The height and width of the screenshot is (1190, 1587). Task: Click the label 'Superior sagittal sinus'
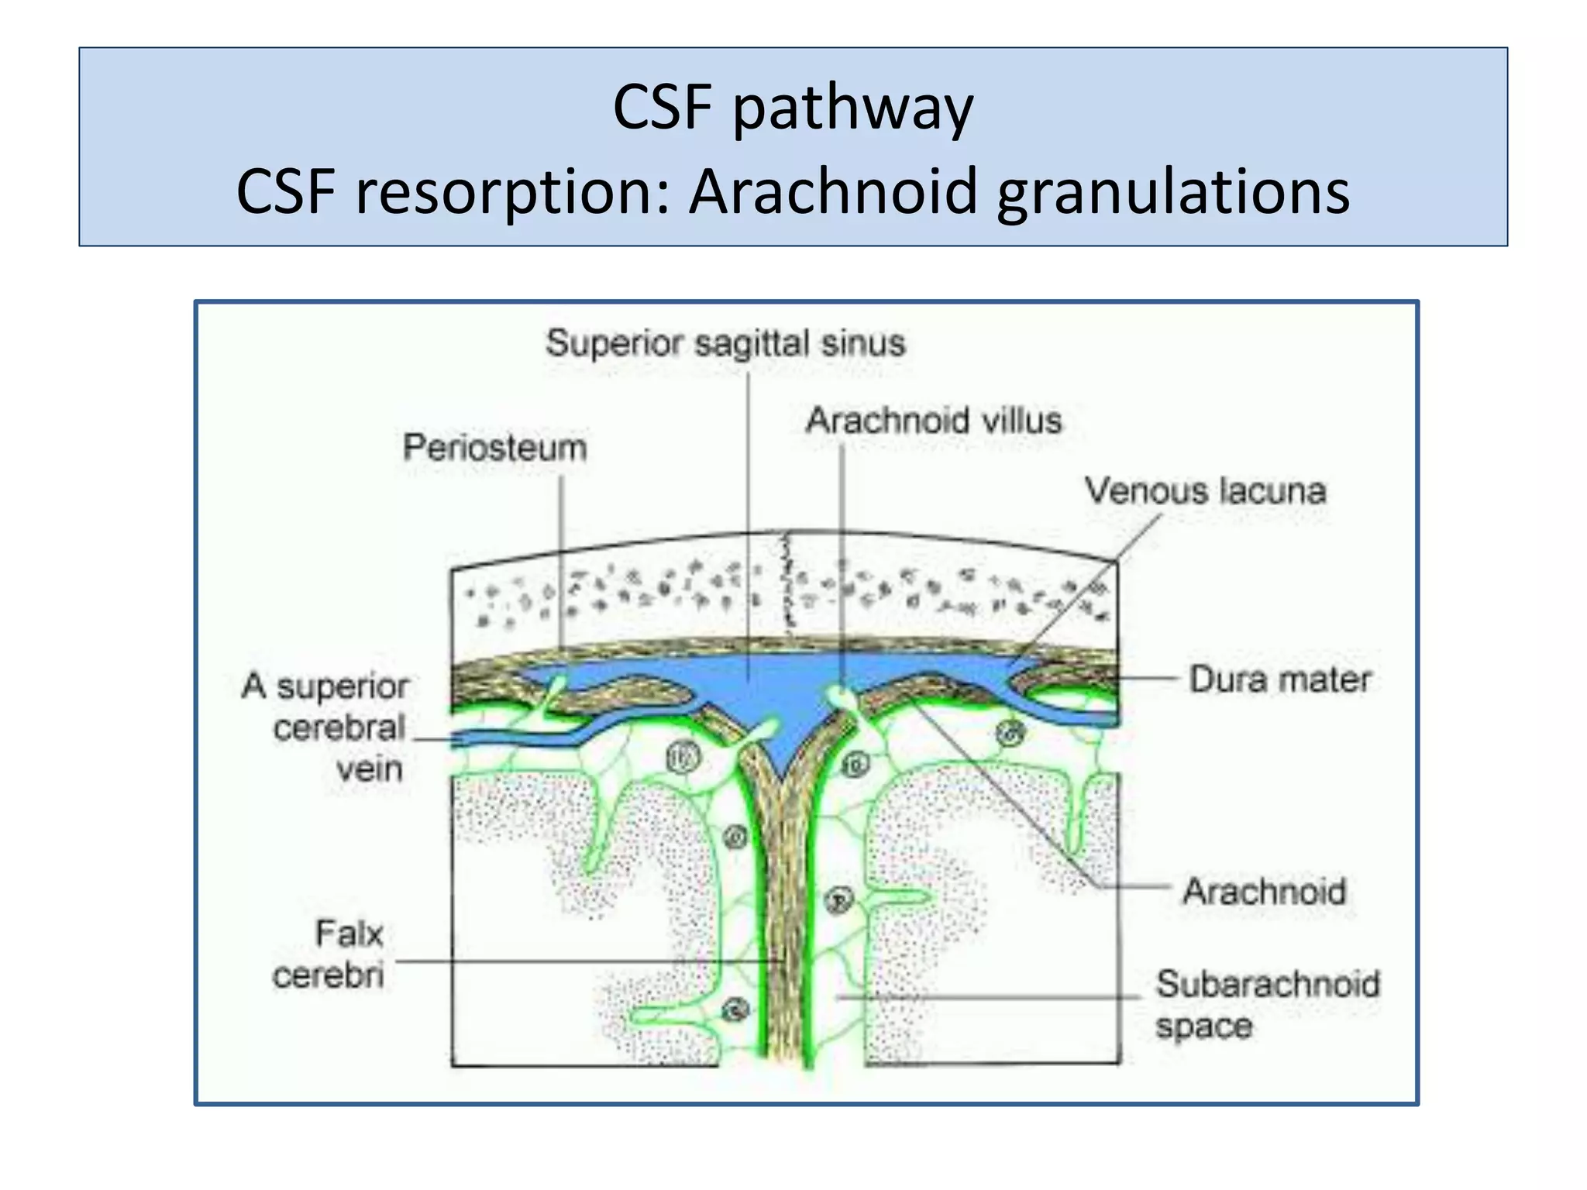725,343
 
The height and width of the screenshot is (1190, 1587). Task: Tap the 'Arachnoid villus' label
933,421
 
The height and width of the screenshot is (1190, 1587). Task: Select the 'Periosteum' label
494,448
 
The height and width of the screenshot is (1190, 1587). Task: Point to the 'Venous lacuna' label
1205,491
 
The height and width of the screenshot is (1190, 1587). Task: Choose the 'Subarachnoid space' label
1267,1004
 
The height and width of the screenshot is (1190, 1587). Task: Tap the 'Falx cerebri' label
329,954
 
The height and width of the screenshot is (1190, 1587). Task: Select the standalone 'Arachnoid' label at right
1264,891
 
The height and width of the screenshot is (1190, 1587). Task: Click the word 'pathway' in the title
852,108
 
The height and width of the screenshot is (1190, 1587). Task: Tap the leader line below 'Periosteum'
562,558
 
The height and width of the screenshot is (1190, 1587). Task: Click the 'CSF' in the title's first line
662,108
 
